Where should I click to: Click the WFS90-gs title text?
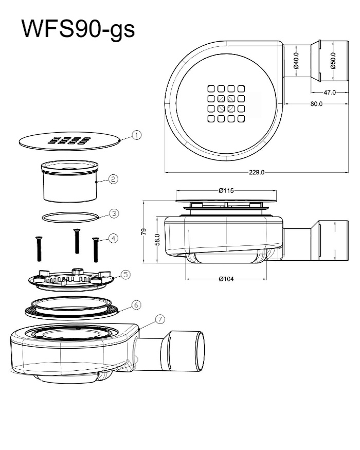pos(78,29)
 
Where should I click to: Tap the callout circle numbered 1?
pos(137,135)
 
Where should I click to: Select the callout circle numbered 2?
pos(113,179)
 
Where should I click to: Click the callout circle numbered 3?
pos(114,213)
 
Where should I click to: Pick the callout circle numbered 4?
pos(113,238)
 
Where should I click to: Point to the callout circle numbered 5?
pos(125,275)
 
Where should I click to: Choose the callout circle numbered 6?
pos(136,304)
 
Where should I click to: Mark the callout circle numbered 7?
pos(160,319)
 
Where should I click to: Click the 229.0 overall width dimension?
pos(257,172)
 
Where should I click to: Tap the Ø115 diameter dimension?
pos(226,190)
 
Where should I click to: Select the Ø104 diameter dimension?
pos(226,279)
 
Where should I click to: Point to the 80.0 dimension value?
pos(316,104)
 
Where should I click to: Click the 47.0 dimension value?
pos(330,93)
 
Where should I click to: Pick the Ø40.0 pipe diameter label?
pos(297,61)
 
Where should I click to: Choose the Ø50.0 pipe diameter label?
pos(333,61)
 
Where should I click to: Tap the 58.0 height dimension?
pos(157,240)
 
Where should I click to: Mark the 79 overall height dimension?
pos(144,231)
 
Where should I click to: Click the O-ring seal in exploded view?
pos(70,217)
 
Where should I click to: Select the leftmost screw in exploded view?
pos(39,248)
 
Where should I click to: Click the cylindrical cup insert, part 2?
pos(70,182)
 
